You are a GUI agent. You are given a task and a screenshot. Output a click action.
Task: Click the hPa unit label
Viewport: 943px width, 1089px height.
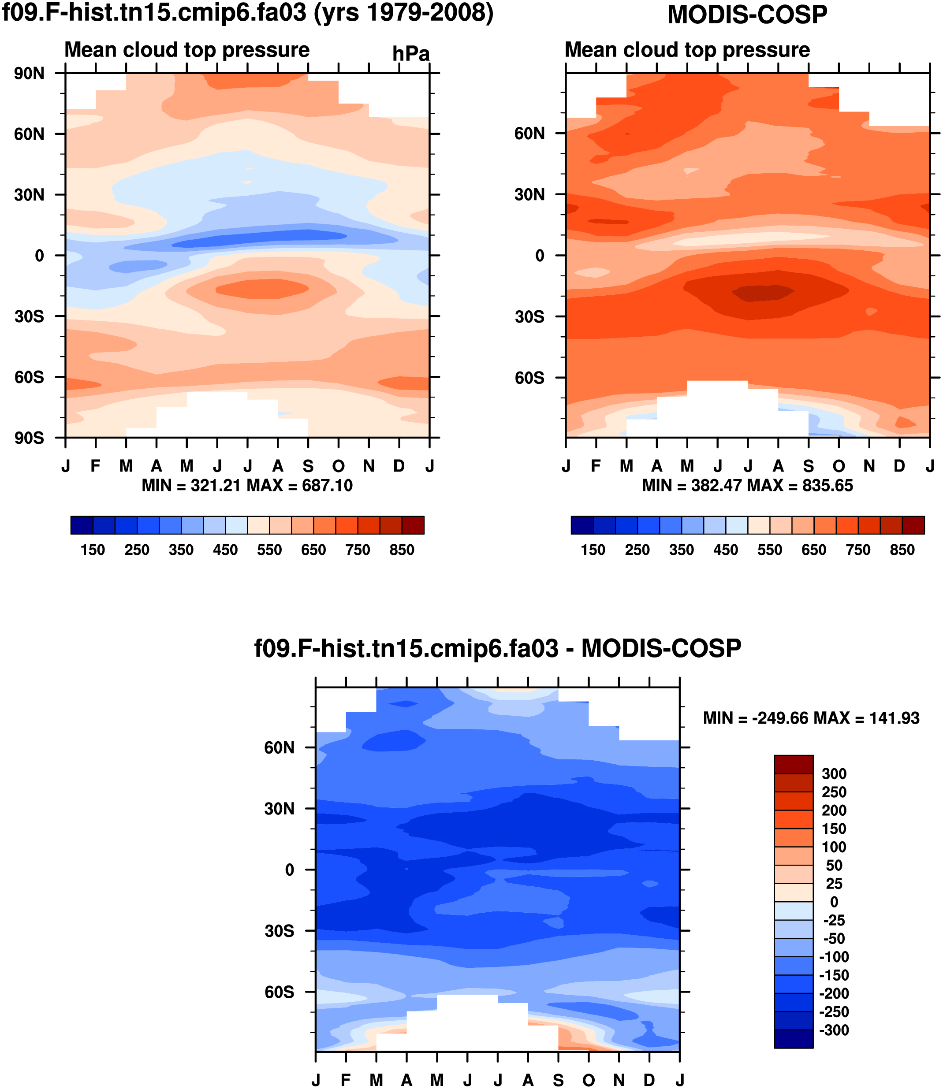point(410,54)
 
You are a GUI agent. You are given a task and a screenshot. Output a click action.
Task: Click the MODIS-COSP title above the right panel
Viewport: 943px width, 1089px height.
point(747,15)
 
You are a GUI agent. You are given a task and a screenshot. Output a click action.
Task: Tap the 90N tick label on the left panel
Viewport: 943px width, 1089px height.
point(29,74)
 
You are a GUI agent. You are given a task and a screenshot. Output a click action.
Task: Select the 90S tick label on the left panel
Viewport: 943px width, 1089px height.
point(29,438)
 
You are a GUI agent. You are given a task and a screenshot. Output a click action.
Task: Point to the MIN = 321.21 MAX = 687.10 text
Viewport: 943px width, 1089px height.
point(247,485)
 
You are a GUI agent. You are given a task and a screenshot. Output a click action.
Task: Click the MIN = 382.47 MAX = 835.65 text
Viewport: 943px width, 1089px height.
point(747,485)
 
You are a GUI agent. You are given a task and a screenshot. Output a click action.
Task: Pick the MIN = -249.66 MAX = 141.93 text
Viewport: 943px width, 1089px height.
point(811,718)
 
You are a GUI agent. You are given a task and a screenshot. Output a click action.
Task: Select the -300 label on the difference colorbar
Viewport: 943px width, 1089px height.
point(834,1030)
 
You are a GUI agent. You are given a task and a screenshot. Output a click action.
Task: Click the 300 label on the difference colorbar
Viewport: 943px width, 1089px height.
point(834,774)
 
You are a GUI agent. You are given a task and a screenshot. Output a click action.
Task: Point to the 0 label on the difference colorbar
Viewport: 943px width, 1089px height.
point(834,902)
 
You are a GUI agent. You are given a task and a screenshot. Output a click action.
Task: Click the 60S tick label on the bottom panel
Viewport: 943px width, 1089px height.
point(280,992)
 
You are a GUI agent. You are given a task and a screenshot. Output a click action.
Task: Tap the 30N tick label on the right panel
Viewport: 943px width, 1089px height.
point(529,195)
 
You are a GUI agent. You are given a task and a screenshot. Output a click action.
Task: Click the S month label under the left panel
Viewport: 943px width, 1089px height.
point(308,466)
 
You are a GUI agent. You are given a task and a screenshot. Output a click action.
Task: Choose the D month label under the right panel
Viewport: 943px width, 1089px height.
point(899,466)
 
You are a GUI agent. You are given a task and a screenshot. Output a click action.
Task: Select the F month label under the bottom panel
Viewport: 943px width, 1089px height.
point(346,1080)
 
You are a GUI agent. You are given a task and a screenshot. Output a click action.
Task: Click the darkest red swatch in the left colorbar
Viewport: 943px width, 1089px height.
point(413,525)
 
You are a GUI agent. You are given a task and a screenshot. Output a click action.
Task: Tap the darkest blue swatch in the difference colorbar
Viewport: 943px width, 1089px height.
point(794,1039)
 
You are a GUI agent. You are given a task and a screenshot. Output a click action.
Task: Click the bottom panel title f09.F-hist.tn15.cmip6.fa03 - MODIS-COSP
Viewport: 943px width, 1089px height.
point(497,648)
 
